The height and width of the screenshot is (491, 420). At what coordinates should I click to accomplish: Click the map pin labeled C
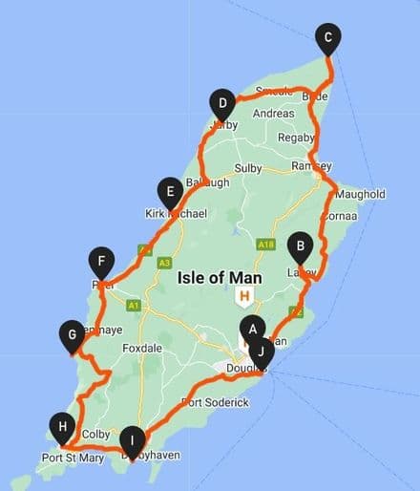click(x=328, y=38)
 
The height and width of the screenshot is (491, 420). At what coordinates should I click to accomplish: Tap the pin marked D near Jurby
click(x=221, y=103)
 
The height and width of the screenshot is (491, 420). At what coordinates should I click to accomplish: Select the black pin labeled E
click(x=169, y=192)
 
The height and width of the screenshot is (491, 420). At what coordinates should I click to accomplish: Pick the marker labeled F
click(x=100, y=261)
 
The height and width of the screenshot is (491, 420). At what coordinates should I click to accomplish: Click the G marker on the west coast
click(x=71, y=334)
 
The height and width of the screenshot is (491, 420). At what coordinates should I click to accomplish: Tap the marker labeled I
click(x=132, y=440)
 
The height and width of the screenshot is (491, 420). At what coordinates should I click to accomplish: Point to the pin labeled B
click(x=301, y=246)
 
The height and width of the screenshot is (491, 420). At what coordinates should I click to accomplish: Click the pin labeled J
click(x=261, y=351)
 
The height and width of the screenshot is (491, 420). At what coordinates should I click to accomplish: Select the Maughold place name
click(x=361, y=194)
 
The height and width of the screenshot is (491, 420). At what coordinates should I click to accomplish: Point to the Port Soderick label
click(x=215, y=403)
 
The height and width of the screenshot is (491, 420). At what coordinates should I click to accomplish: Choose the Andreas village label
click(x=274, y=113)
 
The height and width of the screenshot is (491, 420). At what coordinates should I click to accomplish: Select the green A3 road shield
click(x=165, y=262)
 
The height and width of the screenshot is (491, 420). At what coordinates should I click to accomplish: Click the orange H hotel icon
click(x=245, y=296)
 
